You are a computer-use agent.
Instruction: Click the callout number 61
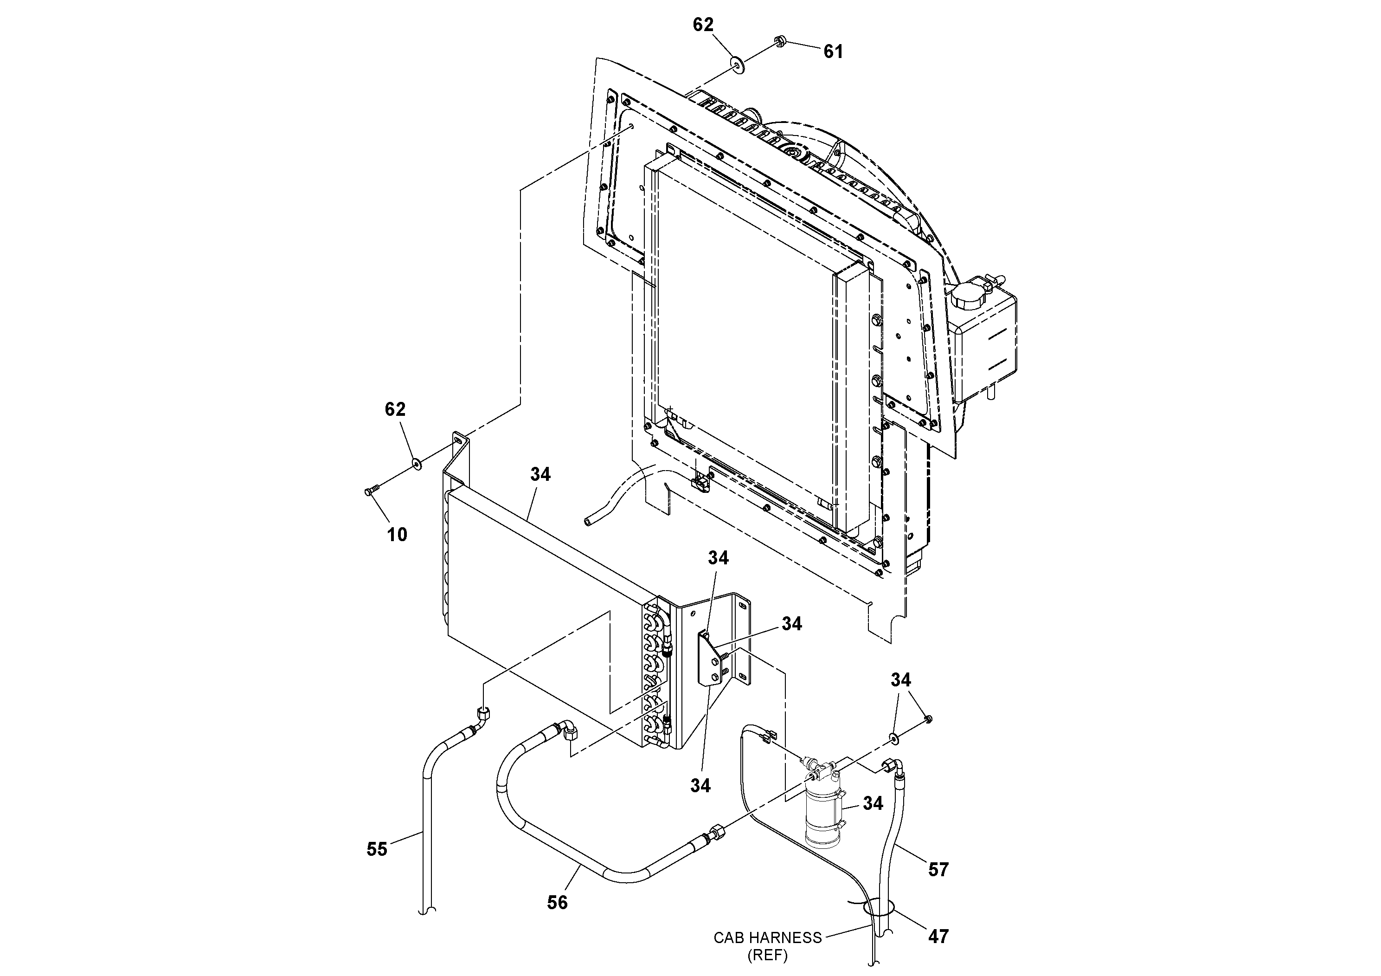833,52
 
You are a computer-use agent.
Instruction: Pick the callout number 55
377,849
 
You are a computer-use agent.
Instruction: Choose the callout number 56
558,902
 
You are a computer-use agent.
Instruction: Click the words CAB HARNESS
767,937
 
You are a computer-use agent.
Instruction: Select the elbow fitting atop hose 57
892,767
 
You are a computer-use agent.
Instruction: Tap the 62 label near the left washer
395,409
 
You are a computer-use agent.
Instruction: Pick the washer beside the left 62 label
416,463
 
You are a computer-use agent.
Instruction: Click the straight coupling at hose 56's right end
716,836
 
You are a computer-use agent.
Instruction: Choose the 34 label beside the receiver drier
873,803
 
